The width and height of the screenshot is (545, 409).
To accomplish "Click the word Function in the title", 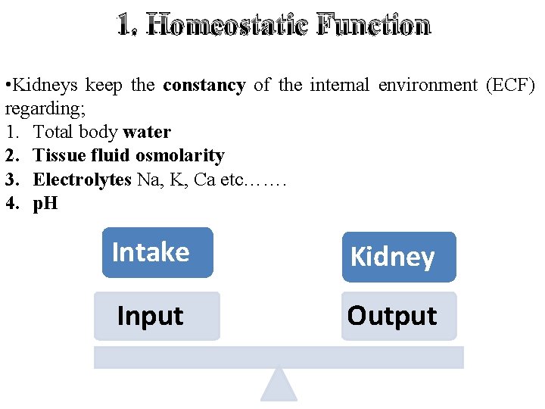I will [374, 26].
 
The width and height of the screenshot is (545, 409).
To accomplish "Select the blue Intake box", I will [157, 252].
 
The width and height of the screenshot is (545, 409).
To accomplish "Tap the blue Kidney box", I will [399, 257].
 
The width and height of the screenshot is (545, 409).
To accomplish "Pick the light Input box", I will [157, 316].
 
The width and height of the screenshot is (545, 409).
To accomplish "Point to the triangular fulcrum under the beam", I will [279, 386].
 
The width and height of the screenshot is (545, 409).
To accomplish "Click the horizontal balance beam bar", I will [279, 357].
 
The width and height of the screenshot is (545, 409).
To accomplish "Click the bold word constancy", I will [204, 86].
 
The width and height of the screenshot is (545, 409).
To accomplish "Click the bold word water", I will [147, 132].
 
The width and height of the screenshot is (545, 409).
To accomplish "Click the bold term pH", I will [45, 204].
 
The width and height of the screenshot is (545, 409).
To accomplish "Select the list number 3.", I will [11, 180].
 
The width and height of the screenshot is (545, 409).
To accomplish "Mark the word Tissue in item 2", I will [57, 156].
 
